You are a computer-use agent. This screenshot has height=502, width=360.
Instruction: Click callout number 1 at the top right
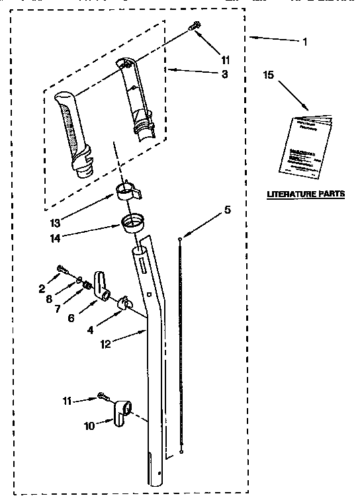point(304,43)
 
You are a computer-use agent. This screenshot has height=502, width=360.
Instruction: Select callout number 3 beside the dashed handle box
point(225,75)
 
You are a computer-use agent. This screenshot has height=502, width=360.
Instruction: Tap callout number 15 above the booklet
point(269,76)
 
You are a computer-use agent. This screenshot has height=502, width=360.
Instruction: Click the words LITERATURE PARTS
point(305,194)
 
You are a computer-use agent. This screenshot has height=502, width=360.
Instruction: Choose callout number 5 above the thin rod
point(227,210)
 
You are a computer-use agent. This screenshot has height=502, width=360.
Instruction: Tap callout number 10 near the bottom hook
point(90,426)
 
